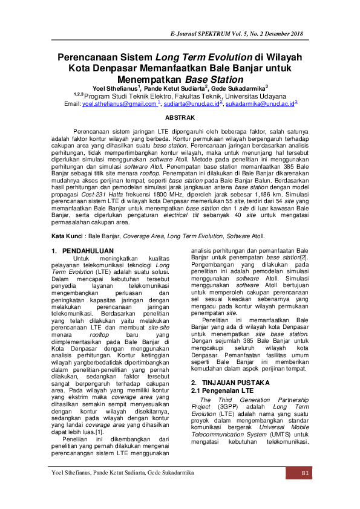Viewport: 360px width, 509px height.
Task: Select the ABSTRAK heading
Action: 180,117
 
